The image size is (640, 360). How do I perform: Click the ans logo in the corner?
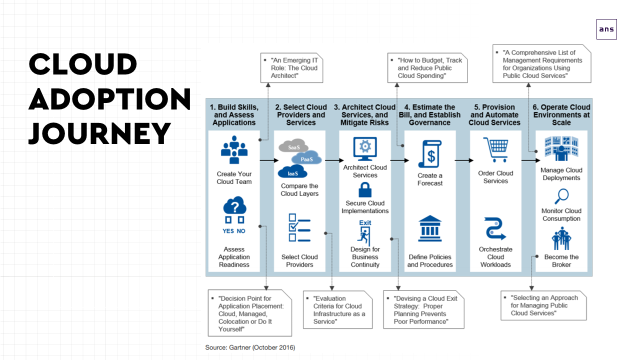[x=606, y=29]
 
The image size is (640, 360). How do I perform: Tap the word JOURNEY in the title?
[x=99, y=133]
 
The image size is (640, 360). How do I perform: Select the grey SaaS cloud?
[x=293, y=145]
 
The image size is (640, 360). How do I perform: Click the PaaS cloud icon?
[x=306, y=157]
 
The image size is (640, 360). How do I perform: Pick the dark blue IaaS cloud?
[x=292, y=171]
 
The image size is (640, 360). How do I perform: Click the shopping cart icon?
[x=496, y=149]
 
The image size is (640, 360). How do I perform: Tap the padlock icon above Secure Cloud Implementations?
[x=365, y=189]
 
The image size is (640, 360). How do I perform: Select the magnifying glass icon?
[x=561, y=196]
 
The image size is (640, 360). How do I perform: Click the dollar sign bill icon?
[x=430, y=153]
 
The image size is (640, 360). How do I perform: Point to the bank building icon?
[x=429, y=228]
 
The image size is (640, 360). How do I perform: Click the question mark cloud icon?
[x=234, y=205]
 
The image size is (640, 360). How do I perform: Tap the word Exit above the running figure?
[x=365, y=222]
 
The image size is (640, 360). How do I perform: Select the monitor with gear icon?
[x=365, y=148]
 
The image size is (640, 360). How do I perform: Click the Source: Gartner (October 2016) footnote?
[x=250, y=347]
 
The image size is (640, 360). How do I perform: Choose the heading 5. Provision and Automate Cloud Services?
[x=494, y=115]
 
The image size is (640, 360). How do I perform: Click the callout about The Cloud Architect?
[x=291, y=68]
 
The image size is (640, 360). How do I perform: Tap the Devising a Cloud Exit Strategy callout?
[x=423, y=309]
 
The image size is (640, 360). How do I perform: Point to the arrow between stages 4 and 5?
[x=464, y=160]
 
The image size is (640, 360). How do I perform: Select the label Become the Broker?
[x=561, y=261]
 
